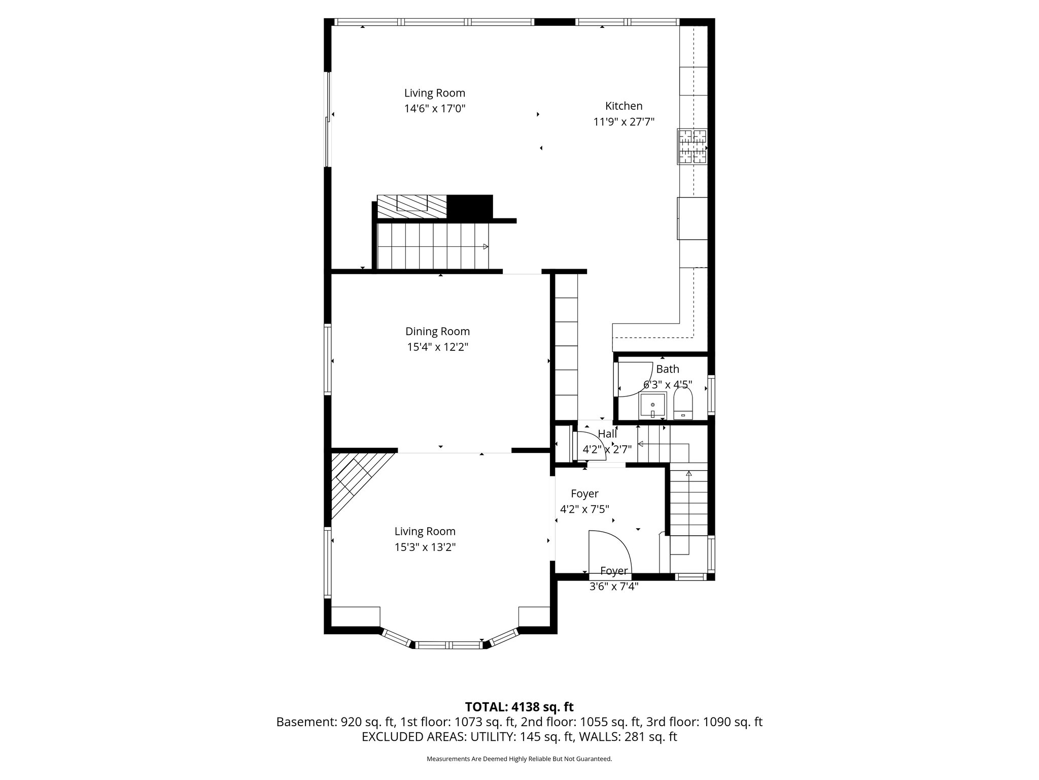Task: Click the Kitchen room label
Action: pos(624,106)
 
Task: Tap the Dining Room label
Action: pos(437,332)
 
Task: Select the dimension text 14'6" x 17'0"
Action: pos(435,109)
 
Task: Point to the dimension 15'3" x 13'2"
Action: pos(425,547)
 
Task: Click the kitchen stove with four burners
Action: pos(692,147)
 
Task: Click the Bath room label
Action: pos(668,369)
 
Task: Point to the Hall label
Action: pos(607,434)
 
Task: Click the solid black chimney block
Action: pos(470,207)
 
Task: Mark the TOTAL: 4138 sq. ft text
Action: pos(519,707)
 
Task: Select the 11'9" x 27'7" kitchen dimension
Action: pos(624,122)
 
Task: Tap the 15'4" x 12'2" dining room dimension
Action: pos(437,347)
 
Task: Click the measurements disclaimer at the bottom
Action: pos(519,759)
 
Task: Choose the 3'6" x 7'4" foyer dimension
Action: pos(614,587)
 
